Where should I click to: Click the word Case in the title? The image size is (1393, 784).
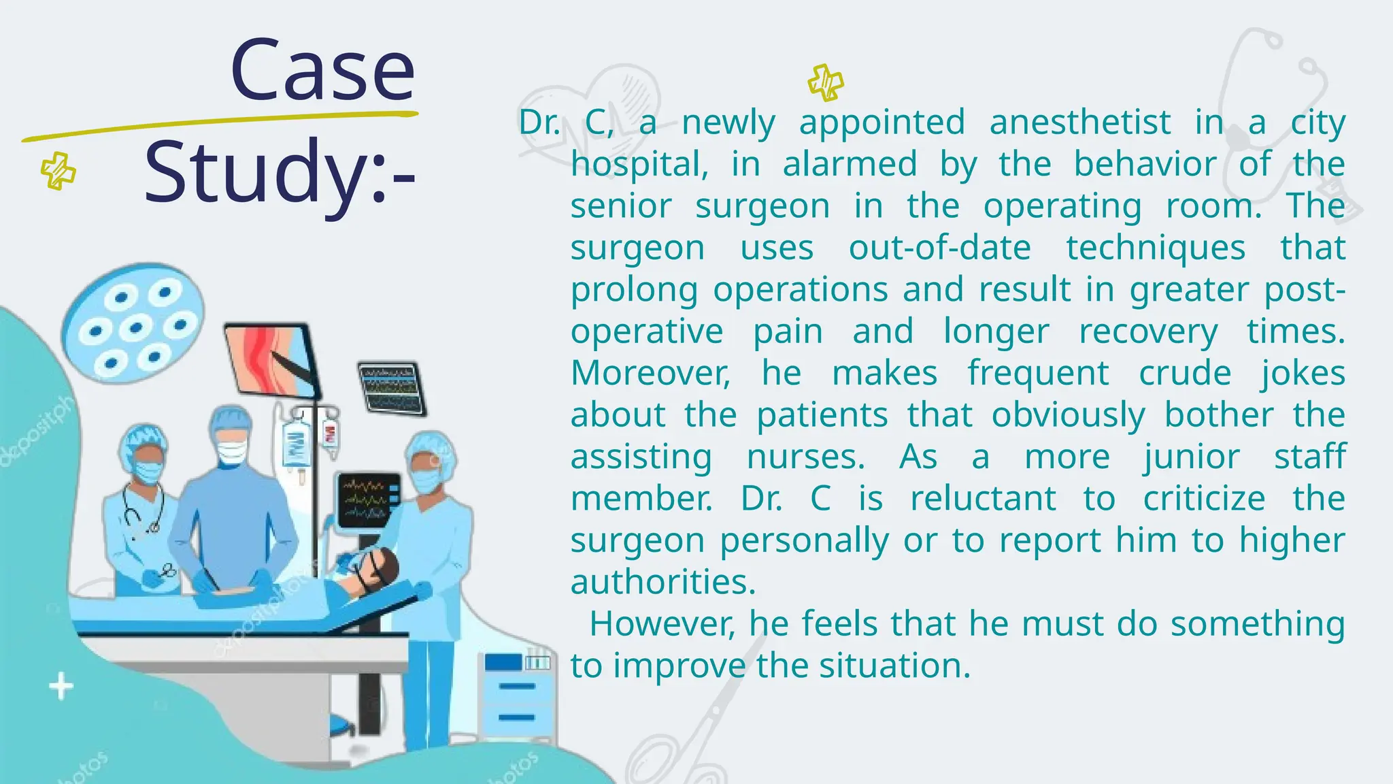tap(322, 70)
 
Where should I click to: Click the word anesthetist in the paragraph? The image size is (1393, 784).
tap(1080, 123)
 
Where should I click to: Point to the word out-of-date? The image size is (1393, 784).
tap(939, 248)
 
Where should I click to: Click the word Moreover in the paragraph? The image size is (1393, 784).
tap(650, 374)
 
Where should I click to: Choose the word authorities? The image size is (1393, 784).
tap(663, 583)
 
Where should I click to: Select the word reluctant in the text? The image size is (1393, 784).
tap(984, 499)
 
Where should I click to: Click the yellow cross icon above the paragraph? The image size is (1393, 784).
tap(826, 82)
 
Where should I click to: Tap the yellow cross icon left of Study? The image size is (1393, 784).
tap(58, 170)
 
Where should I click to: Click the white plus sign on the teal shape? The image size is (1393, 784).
tap(61, 686)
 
